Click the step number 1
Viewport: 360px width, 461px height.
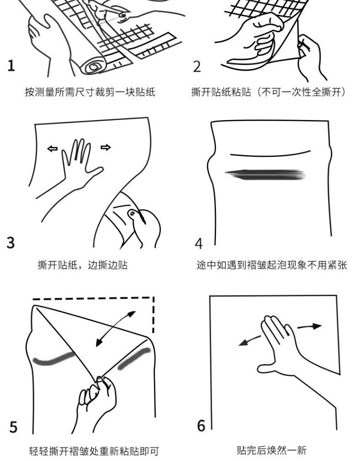coord(11,65)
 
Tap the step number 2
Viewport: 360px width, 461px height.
coord(197,66)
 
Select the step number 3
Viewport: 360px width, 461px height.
coord(11,243)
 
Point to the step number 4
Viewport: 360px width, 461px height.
coord(199,243)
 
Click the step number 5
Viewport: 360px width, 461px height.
coord(13,427)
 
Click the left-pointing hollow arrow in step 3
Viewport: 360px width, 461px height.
coord(52,149)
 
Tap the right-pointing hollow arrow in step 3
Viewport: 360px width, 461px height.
coord(106,147)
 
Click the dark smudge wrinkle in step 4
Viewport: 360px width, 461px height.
coord(265,174)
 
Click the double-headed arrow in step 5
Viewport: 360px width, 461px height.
coord(116,328)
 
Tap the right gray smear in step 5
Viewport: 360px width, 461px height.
coord(134,358)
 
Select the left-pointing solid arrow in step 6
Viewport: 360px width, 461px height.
coord(250,341)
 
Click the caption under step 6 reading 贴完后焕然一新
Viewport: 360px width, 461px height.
coord(272,450)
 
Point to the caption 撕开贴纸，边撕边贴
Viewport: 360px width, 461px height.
coord(83,265)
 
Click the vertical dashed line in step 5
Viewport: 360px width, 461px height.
coord(154,315)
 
